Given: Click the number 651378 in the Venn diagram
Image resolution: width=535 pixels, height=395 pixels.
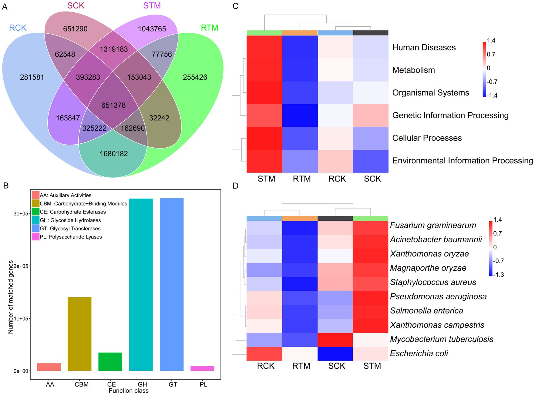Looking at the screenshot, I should coord(113,105).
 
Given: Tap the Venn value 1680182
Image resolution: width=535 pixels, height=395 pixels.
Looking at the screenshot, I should coord(114,154).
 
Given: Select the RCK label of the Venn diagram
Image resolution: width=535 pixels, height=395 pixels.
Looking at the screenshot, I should coord(18,28).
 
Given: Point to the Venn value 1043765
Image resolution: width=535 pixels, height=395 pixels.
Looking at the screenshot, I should coord(152,29).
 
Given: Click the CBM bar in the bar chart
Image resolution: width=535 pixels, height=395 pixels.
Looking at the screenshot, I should coord(79,333).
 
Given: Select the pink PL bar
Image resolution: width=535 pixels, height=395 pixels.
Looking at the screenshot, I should coord(202,368).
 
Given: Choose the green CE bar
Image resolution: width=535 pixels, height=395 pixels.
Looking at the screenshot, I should coord(110,361).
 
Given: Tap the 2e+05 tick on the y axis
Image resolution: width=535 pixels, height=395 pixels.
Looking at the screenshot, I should coord(21,266).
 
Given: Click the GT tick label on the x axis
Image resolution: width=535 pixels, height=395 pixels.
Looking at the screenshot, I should coord(173,384).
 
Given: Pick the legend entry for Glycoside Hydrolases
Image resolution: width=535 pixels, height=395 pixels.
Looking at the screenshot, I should coord(70,220).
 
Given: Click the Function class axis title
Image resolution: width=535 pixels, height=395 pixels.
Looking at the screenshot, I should coord(129,391).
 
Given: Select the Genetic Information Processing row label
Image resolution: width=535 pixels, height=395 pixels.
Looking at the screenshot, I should coord(450,115).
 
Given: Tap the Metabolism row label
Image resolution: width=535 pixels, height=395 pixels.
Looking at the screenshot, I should coord(413,70).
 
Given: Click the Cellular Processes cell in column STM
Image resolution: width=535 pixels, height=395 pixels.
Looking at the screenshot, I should coord(264,138).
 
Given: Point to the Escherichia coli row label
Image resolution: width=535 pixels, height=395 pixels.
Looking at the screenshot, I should coord(419,353).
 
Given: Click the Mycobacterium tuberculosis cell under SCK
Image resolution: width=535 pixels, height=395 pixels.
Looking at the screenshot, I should coord(335,340).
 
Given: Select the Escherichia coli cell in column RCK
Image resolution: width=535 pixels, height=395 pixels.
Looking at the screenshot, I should coord(264,354).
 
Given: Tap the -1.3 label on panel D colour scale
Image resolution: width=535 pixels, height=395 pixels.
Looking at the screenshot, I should coord(499,275).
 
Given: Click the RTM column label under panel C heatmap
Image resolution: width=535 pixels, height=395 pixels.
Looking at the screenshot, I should coord(302,179).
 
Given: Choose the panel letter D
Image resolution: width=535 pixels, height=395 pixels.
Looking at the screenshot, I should coord(236,186).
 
